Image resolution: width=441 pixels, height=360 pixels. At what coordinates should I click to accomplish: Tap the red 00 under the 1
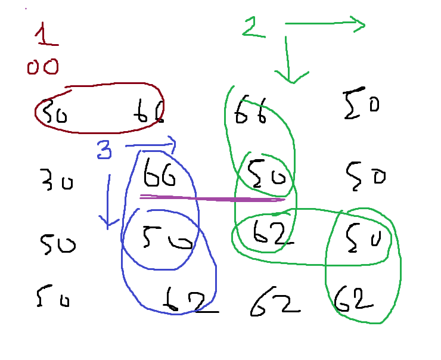coord(42,67)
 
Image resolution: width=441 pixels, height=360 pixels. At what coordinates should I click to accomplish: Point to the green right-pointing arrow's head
coord(358,24)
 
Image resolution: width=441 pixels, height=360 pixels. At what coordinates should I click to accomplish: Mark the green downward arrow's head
coord(290,76)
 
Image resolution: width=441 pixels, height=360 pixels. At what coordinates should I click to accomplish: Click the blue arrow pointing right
coord(151,144)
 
